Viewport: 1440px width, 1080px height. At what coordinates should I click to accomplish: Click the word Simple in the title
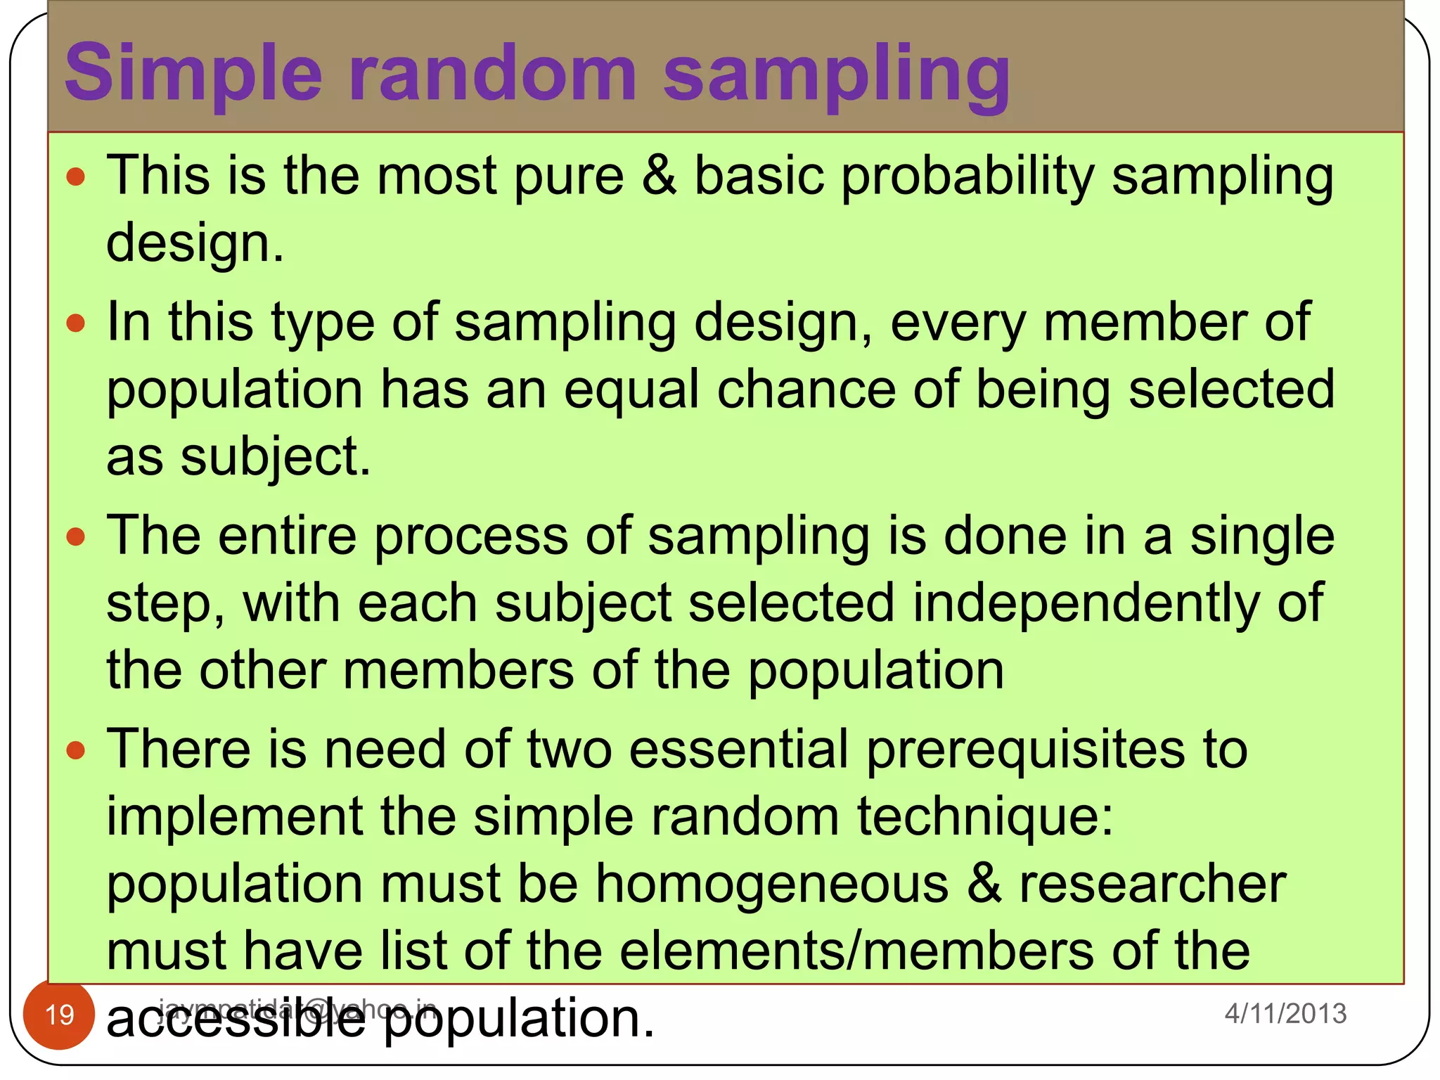click(193, 74)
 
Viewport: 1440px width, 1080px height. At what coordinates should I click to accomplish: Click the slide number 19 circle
click(59, 1015)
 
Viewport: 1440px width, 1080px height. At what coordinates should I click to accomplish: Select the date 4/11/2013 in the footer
click(1285, 1013)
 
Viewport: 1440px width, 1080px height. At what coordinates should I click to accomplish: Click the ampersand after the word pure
click(659, 176)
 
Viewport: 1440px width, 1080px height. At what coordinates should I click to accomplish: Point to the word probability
click(967, 177)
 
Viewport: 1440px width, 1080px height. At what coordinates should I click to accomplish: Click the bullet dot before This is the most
click(75, 176)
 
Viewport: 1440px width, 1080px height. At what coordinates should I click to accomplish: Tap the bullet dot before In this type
click(75, 323)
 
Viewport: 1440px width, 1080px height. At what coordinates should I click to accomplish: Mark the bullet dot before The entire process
click(75, 537)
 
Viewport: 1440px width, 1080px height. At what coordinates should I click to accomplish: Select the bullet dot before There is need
click(75, 750)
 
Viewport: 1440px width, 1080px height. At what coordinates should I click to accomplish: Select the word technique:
click(985, 818)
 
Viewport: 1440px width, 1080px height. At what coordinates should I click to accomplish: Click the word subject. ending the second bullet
click(275, 458)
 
